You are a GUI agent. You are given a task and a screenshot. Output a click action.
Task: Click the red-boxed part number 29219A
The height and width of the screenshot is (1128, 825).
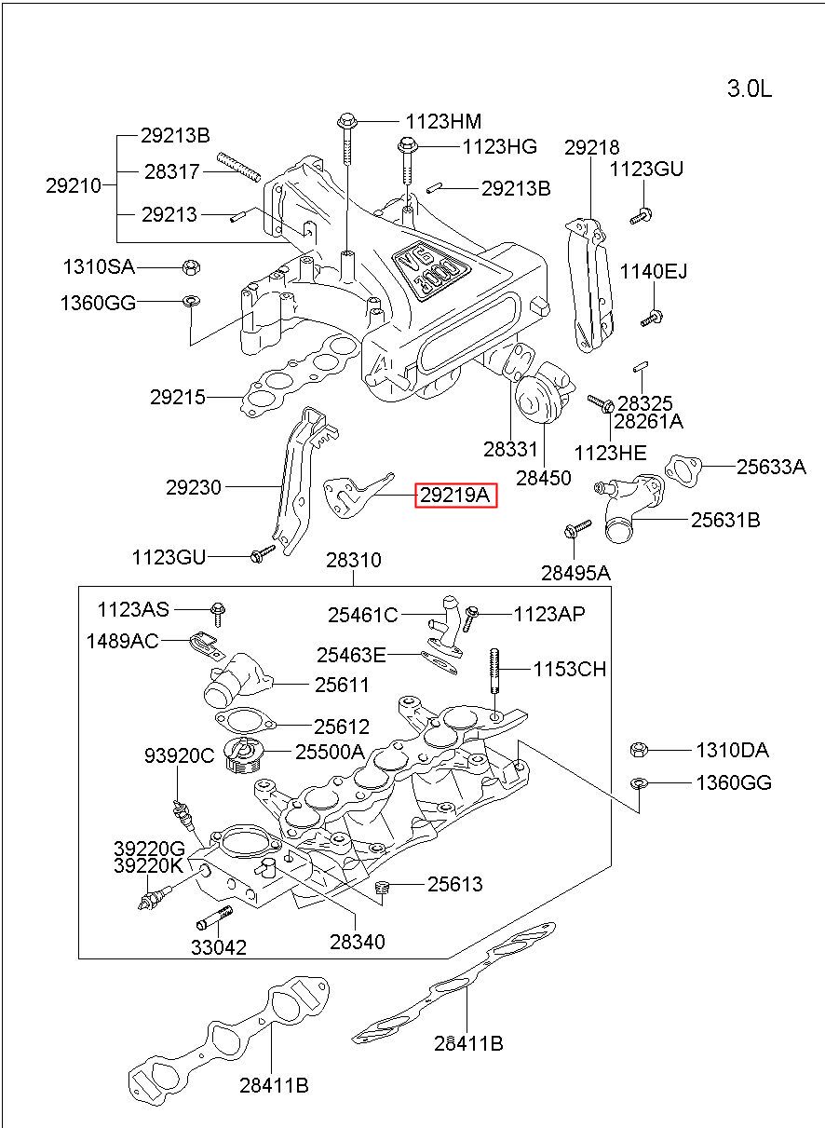tap(455, 496)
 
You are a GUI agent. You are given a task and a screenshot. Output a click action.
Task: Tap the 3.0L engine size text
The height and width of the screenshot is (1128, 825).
tap(749, 89)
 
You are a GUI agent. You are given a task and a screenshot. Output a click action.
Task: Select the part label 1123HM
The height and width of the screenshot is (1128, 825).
tap(443, 121)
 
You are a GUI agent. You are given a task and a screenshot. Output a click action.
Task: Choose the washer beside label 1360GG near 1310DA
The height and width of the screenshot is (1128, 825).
tap(638, 781)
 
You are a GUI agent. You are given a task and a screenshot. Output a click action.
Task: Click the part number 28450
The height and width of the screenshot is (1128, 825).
tap(544, 478)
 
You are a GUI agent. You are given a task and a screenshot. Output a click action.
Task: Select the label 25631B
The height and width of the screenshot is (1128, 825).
tap(724, 520)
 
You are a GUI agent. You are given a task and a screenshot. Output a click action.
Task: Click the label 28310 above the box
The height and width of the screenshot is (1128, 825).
tap(353, 561)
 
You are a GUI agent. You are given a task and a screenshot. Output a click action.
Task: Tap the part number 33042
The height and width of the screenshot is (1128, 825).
tap(219, 948)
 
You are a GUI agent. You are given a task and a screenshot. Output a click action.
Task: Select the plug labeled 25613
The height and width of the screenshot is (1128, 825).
tap(381, 890)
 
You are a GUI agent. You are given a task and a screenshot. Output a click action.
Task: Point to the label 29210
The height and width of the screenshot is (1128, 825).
tap(74, 185)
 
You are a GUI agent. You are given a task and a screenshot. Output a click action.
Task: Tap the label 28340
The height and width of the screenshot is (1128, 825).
tap(356, 943)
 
